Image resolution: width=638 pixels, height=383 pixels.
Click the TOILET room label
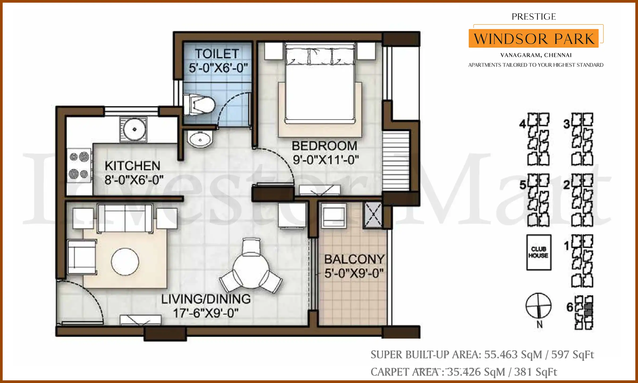pyautogui.click(x=217, y=54)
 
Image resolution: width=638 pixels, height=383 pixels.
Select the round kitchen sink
pyautogui.click(x=134, y=129)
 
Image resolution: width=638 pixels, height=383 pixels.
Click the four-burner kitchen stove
pyautogui.click(x=79, y=165)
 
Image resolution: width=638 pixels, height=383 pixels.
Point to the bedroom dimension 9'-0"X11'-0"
pyautogui.click(x=326, y=160)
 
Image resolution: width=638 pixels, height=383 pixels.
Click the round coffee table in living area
pyautogui.click(x=125, y=262)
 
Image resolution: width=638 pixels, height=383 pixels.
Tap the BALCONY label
pyautogui.click(x=354, y=259)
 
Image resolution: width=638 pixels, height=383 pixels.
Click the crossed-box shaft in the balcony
pyautogui.click(x=373, y=215)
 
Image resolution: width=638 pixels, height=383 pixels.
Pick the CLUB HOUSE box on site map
pyautogui.click(x=539, y=252)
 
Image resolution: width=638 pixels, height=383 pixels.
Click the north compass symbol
pyautogui.click(x=539, y=306)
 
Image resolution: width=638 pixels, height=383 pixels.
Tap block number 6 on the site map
pyautogui.click(x=570, y=307)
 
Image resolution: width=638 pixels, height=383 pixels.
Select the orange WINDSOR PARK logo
pyautogui.click(x=534, y=39)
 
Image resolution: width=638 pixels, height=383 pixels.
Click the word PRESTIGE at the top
pyautogui.click(x=534, y=17)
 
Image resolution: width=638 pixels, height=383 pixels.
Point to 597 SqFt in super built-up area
pyautogui.click(x=572, y=355)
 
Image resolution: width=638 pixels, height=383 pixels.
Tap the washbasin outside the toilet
pyautogui.click(x=200, y=139)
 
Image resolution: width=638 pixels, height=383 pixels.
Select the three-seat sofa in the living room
pyautogui.click(x=125, y=218)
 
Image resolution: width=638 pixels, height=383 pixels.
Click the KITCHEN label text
pyautogui.click(x=132, y=166)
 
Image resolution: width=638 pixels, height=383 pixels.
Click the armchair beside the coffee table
pyautogui.click(x=82, y=257)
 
